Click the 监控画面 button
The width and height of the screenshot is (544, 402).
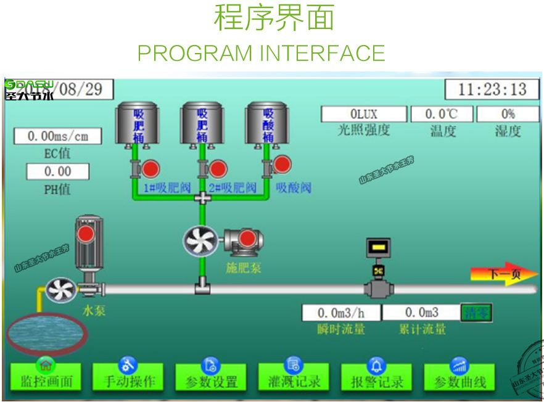tap(46, 377)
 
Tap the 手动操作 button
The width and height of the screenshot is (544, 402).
tap(129, 377)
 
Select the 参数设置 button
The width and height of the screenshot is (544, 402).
tap(211, 377)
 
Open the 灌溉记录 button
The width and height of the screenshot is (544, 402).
tap(294, 377)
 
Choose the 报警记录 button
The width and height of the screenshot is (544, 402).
tap(377, 377)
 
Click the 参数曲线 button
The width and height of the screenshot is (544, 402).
tap(460, 377)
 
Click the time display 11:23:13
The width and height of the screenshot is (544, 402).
tap(492, 89)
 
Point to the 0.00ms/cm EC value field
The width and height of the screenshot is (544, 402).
tap(57, 136)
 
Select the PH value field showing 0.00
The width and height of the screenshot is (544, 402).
tap(57, 171)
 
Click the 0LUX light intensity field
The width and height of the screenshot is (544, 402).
tap(364, 114)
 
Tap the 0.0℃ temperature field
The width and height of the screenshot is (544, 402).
tap(442, 114)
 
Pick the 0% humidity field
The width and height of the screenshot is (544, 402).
tap(508, 114)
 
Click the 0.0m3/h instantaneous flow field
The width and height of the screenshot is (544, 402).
tap(341, 313)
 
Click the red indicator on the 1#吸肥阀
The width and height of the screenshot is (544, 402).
tap(150, 169)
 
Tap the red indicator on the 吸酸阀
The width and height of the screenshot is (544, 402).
tap(282, 165)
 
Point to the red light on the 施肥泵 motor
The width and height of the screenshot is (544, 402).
tap(248, 239)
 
